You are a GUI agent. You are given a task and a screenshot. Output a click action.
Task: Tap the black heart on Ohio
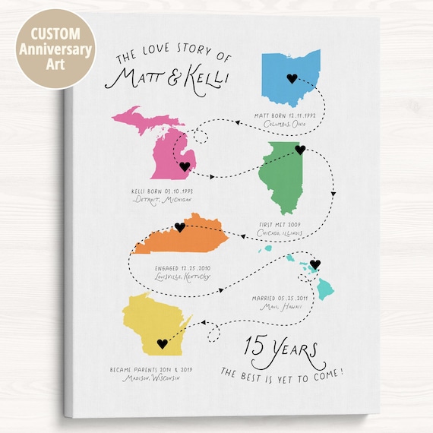tap(291, 77)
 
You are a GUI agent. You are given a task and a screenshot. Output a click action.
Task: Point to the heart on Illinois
tap(300, 150)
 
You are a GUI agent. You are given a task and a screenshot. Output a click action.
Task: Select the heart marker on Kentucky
tap(180, 227)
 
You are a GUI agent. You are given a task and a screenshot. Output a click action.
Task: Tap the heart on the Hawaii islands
tap(316, 264)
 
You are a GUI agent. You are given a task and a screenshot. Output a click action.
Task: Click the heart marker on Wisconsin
tap(161, 343)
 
